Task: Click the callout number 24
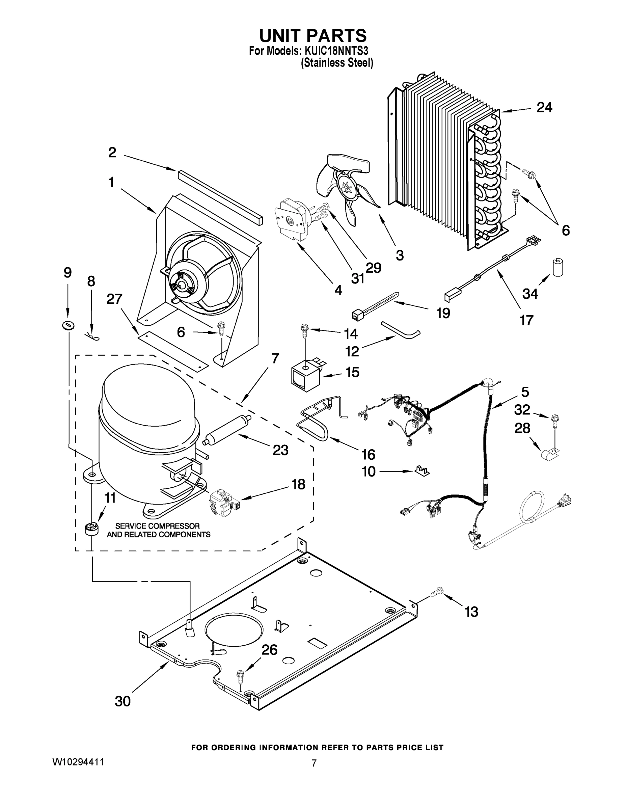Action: [x=544, y=108]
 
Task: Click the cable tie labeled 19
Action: [x=375, y=304]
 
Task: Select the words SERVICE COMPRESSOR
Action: [x=157, y=526]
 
